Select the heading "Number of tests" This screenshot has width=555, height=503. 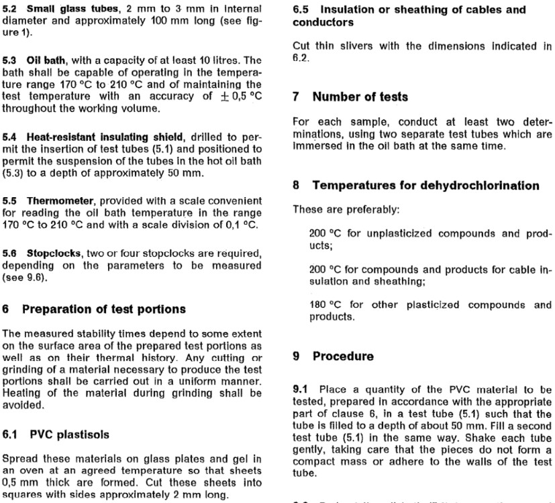point(360,97)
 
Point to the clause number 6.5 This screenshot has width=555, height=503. point(302,10)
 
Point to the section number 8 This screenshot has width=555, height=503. point(297,184)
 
